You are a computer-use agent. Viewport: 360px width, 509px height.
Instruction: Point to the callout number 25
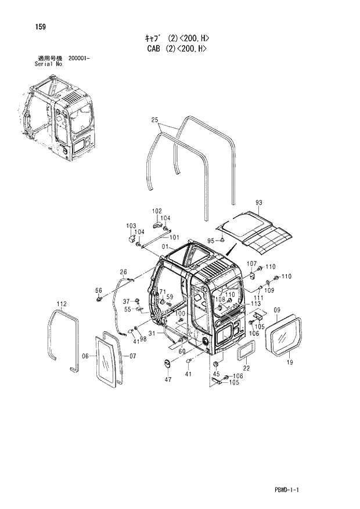154,120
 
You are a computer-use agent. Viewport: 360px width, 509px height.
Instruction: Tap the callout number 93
259,203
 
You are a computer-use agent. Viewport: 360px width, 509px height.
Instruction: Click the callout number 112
62,304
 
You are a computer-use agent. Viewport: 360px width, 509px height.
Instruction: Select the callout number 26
123,271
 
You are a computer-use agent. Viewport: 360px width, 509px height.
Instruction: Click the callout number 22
246,367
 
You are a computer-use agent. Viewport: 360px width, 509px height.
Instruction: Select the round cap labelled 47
168,364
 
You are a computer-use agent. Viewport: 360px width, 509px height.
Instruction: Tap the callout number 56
98,291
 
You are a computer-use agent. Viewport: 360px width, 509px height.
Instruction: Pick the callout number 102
157,210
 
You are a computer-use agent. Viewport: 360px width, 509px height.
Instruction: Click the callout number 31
152,334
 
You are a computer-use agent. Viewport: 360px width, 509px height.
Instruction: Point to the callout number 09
277,310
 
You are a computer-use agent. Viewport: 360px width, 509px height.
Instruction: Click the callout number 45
216,374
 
